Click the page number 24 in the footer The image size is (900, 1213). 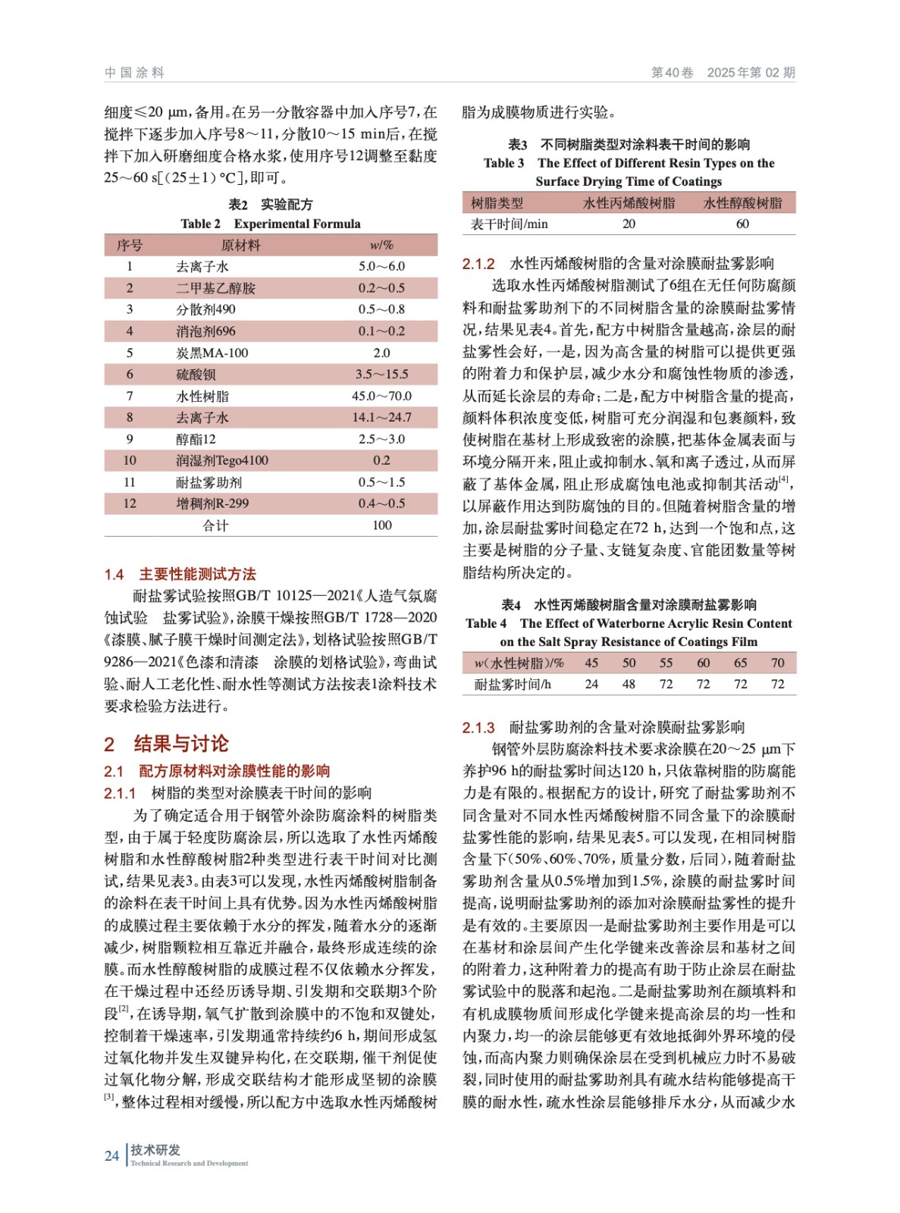point(111,1156)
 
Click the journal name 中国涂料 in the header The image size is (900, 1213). point(134,73)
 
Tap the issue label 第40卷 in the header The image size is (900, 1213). point(672,73)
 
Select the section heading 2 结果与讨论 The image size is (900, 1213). point(166,743)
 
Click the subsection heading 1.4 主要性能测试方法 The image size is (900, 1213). point(180,574)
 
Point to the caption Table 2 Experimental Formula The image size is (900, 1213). point(270,224)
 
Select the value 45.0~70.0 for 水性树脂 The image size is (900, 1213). point(381,396)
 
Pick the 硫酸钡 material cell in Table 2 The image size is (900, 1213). point(196,375)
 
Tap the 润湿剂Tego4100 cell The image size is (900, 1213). point(221,461)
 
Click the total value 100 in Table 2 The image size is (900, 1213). point(381,525)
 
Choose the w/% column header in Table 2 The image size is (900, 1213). point(381,246)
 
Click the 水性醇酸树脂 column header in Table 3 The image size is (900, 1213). point(742,203)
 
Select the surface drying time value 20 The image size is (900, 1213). point(629,224)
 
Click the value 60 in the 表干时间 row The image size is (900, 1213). point(742,224)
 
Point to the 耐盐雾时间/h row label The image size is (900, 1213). point(513,685)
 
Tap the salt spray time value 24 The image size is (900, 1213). point(591,685)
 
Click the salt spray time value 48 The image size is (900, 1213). point(629,685)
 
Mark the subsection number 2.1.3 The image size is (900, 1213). point(478,728)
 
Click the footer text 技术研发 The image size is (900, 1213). point(155,1149)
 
